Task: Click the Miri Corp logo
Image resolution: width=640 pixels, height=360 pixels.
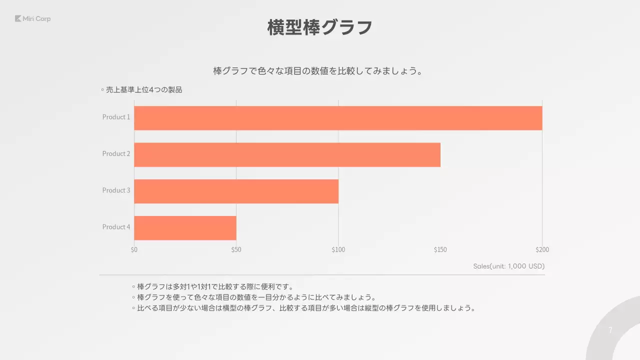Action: click(x=33, y=19)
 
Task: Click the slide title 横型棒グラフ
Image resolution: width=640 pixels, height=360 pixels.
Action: click(x=320, y=27)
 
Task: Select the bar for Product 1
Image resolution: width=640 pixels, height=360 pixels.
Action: click(x=338, y=118)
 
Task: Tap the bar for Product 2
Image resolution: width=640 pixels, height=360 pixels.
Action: click(x=287, y=154)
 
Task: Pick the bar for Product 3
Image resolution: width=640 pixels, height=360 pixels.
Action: click(x=236, y=191)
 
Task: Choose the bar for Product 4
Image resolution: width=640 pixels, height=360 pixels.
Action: click(x=185, y=227)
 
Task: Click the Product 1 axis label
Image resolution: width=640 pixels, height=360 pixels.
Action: click(x=116, y=117)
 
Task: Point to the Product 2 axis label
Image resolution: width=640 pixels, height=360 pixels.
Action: click(x=116, y=153)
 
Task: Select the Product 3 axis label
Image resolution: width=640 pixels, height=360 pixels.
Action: click(x=116, y=190)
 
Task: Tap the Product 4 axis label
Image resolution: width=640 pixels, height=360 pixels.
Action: click(x=116, y=227)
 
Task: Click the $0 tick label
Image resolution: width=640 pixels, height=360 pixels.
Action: click(x=134, y=249)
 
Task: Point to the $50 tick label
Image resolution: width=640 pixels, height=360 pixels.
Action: click(x=236, y=249)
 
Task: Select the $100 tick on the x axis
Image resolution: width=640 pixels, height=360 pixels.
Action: click(x=338, y=249)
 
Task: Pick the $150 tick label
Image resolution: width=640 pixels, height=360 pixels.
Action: click(x=440, y=249)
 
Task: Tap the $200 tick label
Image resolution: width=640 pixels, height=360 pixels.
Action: click(x=542, y=249)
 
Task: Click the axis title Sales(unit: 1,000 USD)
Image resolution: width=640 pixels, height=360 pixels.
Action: click(x=508, y=266)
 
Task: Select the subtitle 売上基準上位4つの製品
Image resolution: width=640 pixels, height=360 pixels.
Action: click(x=143, y=90)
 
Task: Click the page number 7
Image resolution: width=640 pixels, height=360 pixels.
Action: click(x=610, y=330)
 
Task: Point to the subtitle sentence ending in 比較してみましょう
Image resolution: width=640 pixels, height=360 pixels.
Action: click(x=318, y=71)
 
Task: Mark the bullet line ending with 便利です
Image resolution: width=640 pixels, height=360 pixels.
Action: click(x=215, y=287)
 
